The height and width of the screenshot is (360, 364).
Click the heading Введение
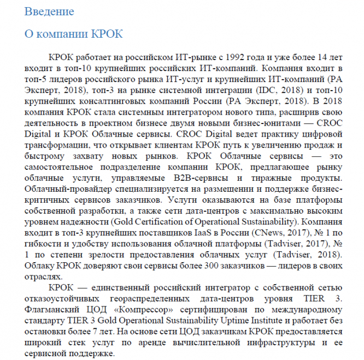point(49,11)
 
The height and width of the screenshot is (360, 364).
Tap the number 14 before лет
point(313,57)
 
